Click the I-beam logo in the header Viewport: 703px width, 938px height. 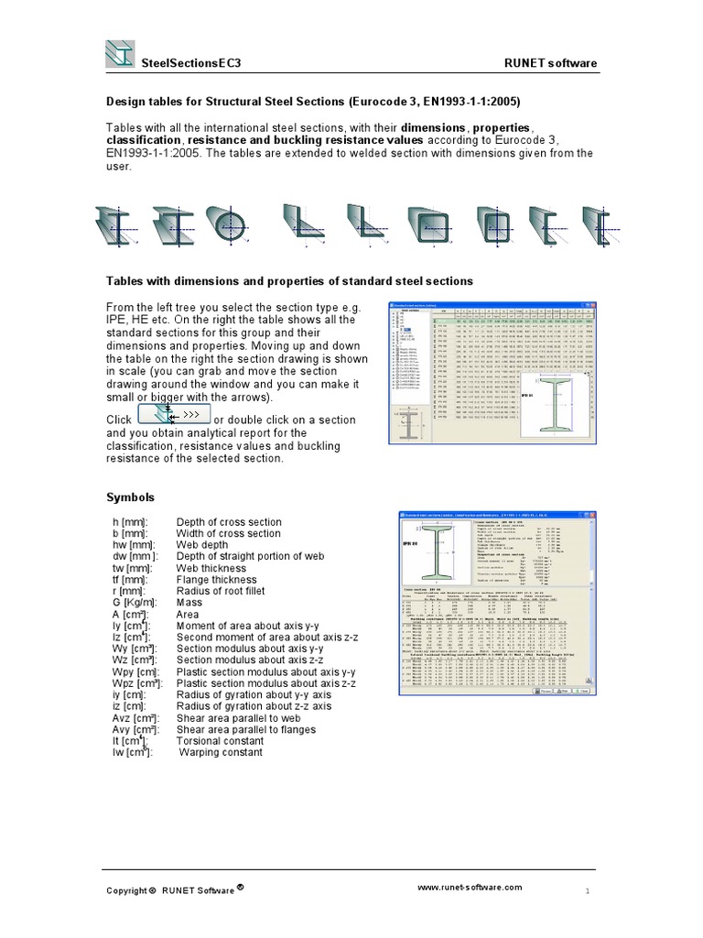tap(119, 54)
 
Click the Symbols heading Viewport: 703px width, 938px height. tap(131, 497)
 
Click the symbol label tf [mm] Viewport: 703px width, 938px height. tap(126, 580)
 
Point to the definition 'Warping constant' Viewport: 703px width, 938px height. tap(221, 752)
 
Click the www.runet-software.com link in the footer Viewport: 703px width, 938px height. tap(470, 887)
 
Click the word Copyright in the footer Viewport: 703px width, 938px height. tap(125, 890)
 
